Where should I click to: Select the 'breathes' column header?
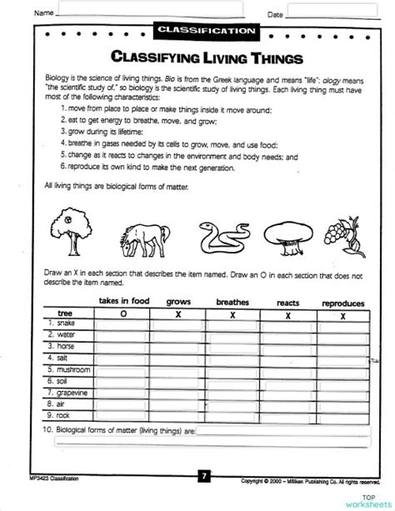(x=232, y=302)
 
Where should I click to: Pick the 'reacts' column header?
(x=287, y=303)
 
